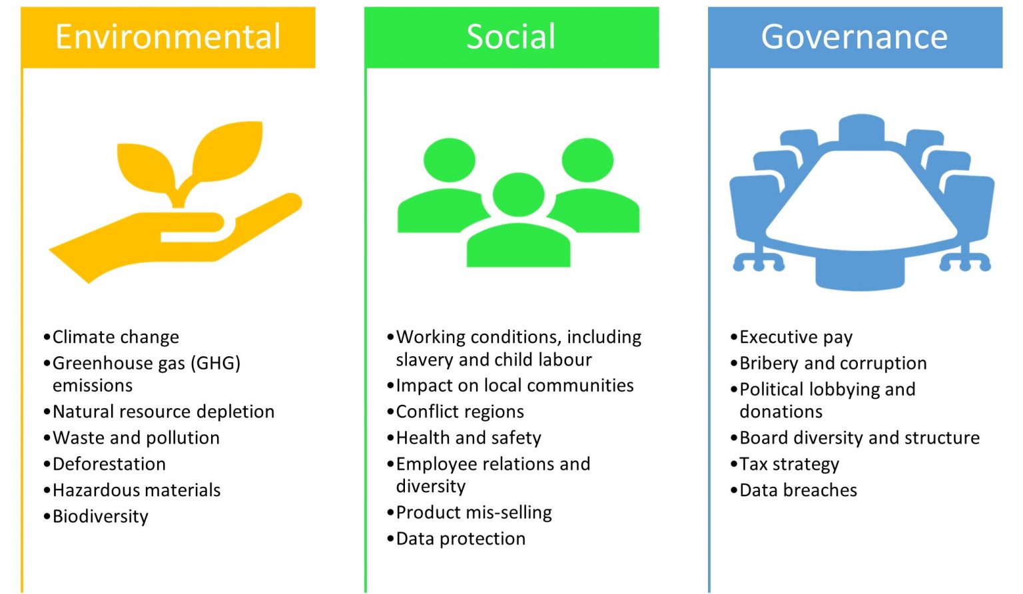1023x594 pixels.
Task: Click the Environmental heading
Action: (168, 37)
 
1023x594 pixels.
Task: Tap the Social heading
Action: (511, 37)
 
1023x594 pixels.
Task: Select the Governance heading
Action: (854, 37)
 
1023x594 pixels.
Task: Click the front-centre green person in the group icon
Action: (518, 226)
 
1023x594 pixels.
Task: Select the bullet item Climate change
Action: (115, 337)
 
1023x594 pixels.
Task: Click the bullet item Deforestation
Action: (109, 464)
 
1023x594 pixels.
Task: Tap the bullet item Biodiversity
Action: (100, 517)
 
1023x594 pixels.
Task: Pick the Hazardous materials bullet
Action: (136, 490)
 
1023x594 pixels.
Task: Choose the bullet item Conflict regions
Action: (460, 412)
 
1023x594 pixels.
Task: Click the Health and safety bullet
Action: (468, 438)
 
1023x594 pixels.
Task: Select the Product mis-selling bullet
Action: (474, 513)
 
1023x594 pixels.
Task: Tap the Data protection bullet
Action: (460, 539)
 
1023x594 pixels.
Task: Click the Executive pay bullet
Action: (795, 337)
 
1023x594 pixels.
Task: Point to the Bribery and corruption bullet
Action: (833, 364)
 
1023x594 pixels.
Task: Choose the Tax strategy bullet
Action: (789, 464)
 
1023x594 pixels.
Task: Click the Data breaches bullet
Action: (798, 490)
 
